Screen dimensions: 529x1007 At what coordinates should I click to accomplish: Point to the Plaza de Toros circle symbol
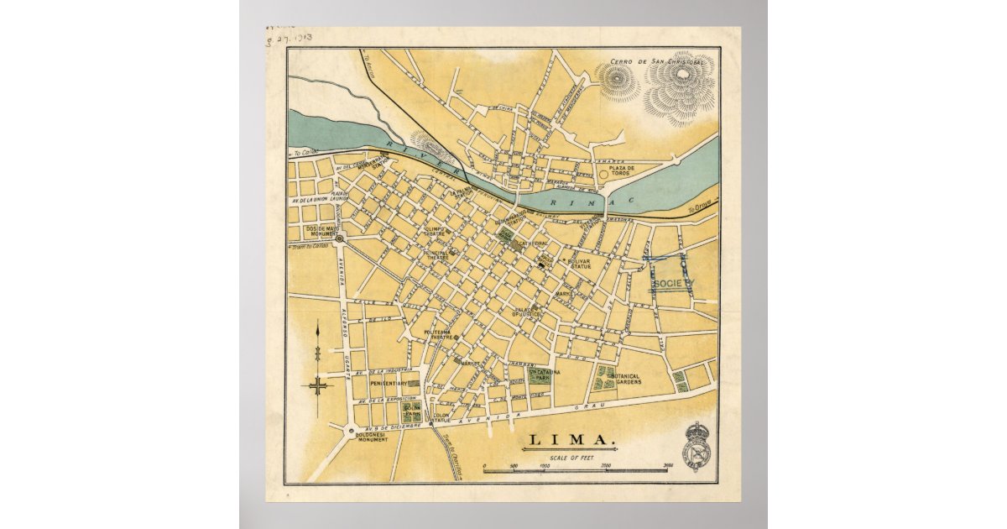click(603, 175)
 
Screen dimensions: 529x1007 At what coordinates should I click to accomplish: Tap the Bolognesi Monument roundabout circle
click(351, 430)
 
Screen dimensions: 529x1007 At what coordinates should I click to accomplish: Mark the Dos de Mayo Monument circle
click(340, 239)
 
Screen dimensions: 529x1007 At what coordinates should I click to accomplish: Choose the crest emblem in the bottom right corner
click(697, 446)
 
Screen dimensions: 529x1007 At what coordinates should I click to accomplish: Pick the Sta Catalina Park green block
click(537, 375)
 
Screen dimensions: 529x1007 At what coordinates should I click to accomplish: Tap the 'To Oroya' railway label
click(698, 210)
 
